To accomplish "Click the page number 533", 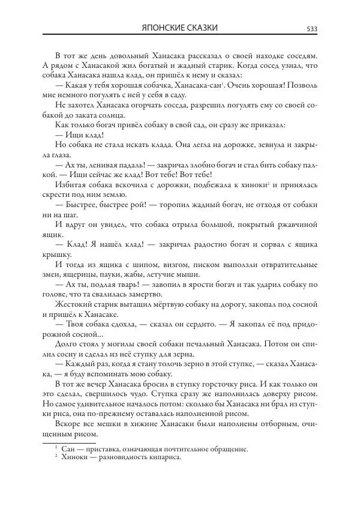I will [x=312, y=28].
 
